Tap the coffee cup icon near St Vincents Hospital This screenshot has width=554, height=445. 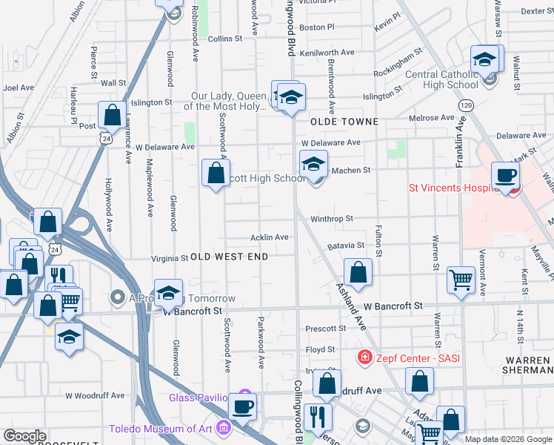(506, 176)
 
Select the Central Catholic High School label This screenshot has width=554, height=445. (442, 79)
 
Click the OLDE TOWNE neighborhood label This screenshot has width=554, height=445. (344, 121)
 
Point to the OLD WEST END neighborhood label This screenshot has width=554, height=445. (229, 257)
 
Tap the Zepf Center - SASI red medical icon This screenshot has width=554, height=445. (364, 358)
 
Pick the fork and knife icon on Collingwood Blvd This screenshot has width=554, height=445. (318, 416)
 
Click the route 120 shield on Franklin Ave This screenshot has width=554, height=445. (466, 107)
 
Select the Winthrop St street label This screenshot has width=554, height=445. (332, 219)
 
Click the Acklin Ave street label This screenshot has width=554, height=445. (269, 237)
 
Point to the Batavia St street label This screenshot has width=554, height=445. (346, 245)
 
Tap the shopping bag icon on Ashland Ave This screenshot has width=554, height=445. (358, 271)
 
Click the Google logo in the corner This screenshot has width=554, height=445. (24, 436)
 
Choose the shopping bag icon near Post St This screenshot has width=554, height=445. (112, 115)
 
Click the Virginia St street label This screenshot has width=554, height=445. (170, 258)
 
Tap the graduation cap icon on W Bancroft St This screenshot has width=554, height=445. (169, 293)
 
